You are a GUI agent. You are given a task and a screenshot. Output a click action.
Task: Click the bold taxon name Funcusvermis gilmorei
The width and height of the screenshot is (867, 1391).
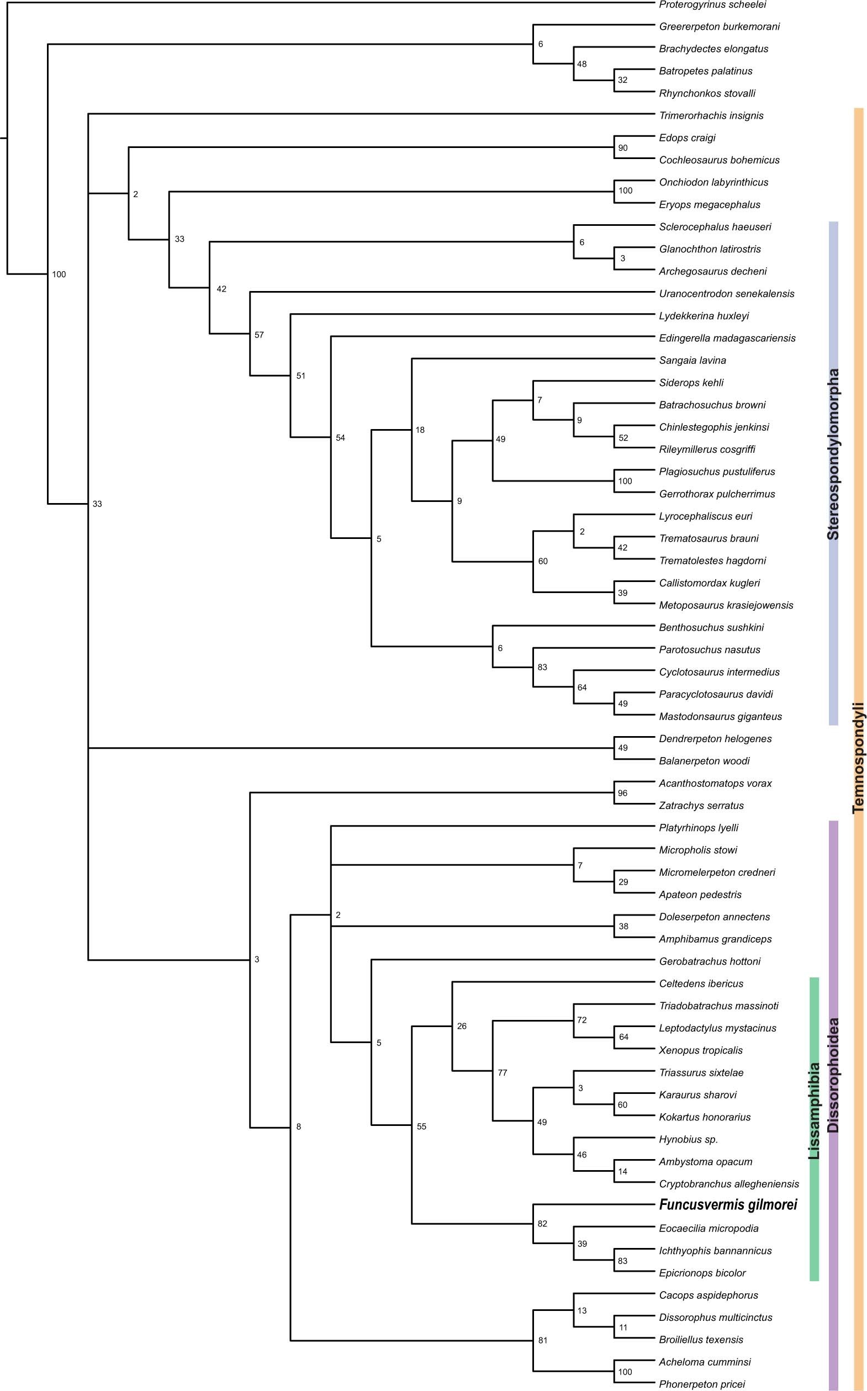[728, 1205]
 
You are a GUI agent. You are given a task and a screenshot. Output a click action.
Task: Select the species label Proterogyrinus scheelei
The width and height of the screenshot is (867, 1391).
[712, 4]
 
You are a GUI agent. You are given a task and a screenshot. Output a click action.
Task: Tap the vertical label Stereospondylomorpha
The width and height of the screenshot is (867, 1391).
[833, 454]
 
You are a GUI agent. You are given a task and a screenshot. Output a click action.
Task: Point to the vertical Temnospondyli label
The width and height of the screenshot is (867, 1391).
[858, 758]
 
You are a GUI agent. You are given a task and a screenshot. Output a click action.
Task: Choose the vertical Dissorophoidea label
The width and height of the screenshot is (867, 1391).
[833, 1075]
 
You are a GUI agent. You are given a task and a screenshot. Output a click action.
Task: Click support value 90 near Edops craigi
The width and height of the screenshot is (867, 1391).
[623, 148]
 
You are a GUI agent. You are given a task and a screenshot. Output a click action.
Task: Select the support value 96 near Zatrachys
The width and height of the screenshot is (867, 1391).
[623, 793]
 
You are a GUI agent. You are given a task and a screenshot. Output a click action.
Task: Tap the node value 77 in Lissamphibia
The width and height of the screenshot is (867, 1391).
[503, 1072]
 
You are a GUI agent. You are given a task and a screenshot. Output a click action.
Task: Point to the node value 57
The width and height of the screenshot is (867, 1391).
[259, 335]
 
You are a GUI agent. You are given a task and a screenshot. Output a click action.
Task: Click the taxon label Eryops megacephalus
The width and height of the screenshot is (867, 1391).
[709, 205]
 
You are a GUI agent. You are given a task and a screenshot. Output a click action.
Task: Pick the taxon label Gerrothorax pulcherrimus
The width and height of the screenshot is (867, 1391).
[717, 494]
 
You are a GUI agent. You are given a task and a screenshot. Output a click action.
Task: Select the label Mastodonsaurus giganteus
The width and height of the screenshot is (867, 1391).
[720, 716]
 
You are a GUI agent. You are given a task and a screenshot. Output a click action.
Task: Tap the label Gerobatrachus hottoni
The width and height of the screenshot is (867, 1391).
[710, 961]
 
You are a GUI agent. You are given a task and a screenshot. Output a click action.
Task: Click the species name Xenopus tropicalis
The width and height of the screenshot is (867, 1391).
[701, 1050]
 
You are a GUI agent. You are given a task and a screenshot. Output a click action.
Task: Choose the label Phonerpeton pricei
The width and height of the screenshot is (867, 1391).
[702, 1384]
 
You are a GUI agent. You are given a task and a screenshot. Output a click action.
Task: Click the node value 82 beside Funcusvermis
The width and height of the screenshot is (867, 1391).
[542, 1224]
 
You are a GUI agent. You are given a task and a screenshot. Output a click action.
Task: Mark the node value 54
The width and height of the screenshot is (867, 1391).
[340, 437]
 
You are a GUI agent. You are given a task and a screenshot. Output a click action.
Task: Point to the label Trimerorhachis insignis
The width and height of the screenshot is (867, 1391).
[711, 115]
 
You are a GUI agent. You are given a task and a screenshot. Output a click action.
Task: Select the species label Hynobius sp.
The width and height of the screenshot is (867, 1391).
[688, 1139]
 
